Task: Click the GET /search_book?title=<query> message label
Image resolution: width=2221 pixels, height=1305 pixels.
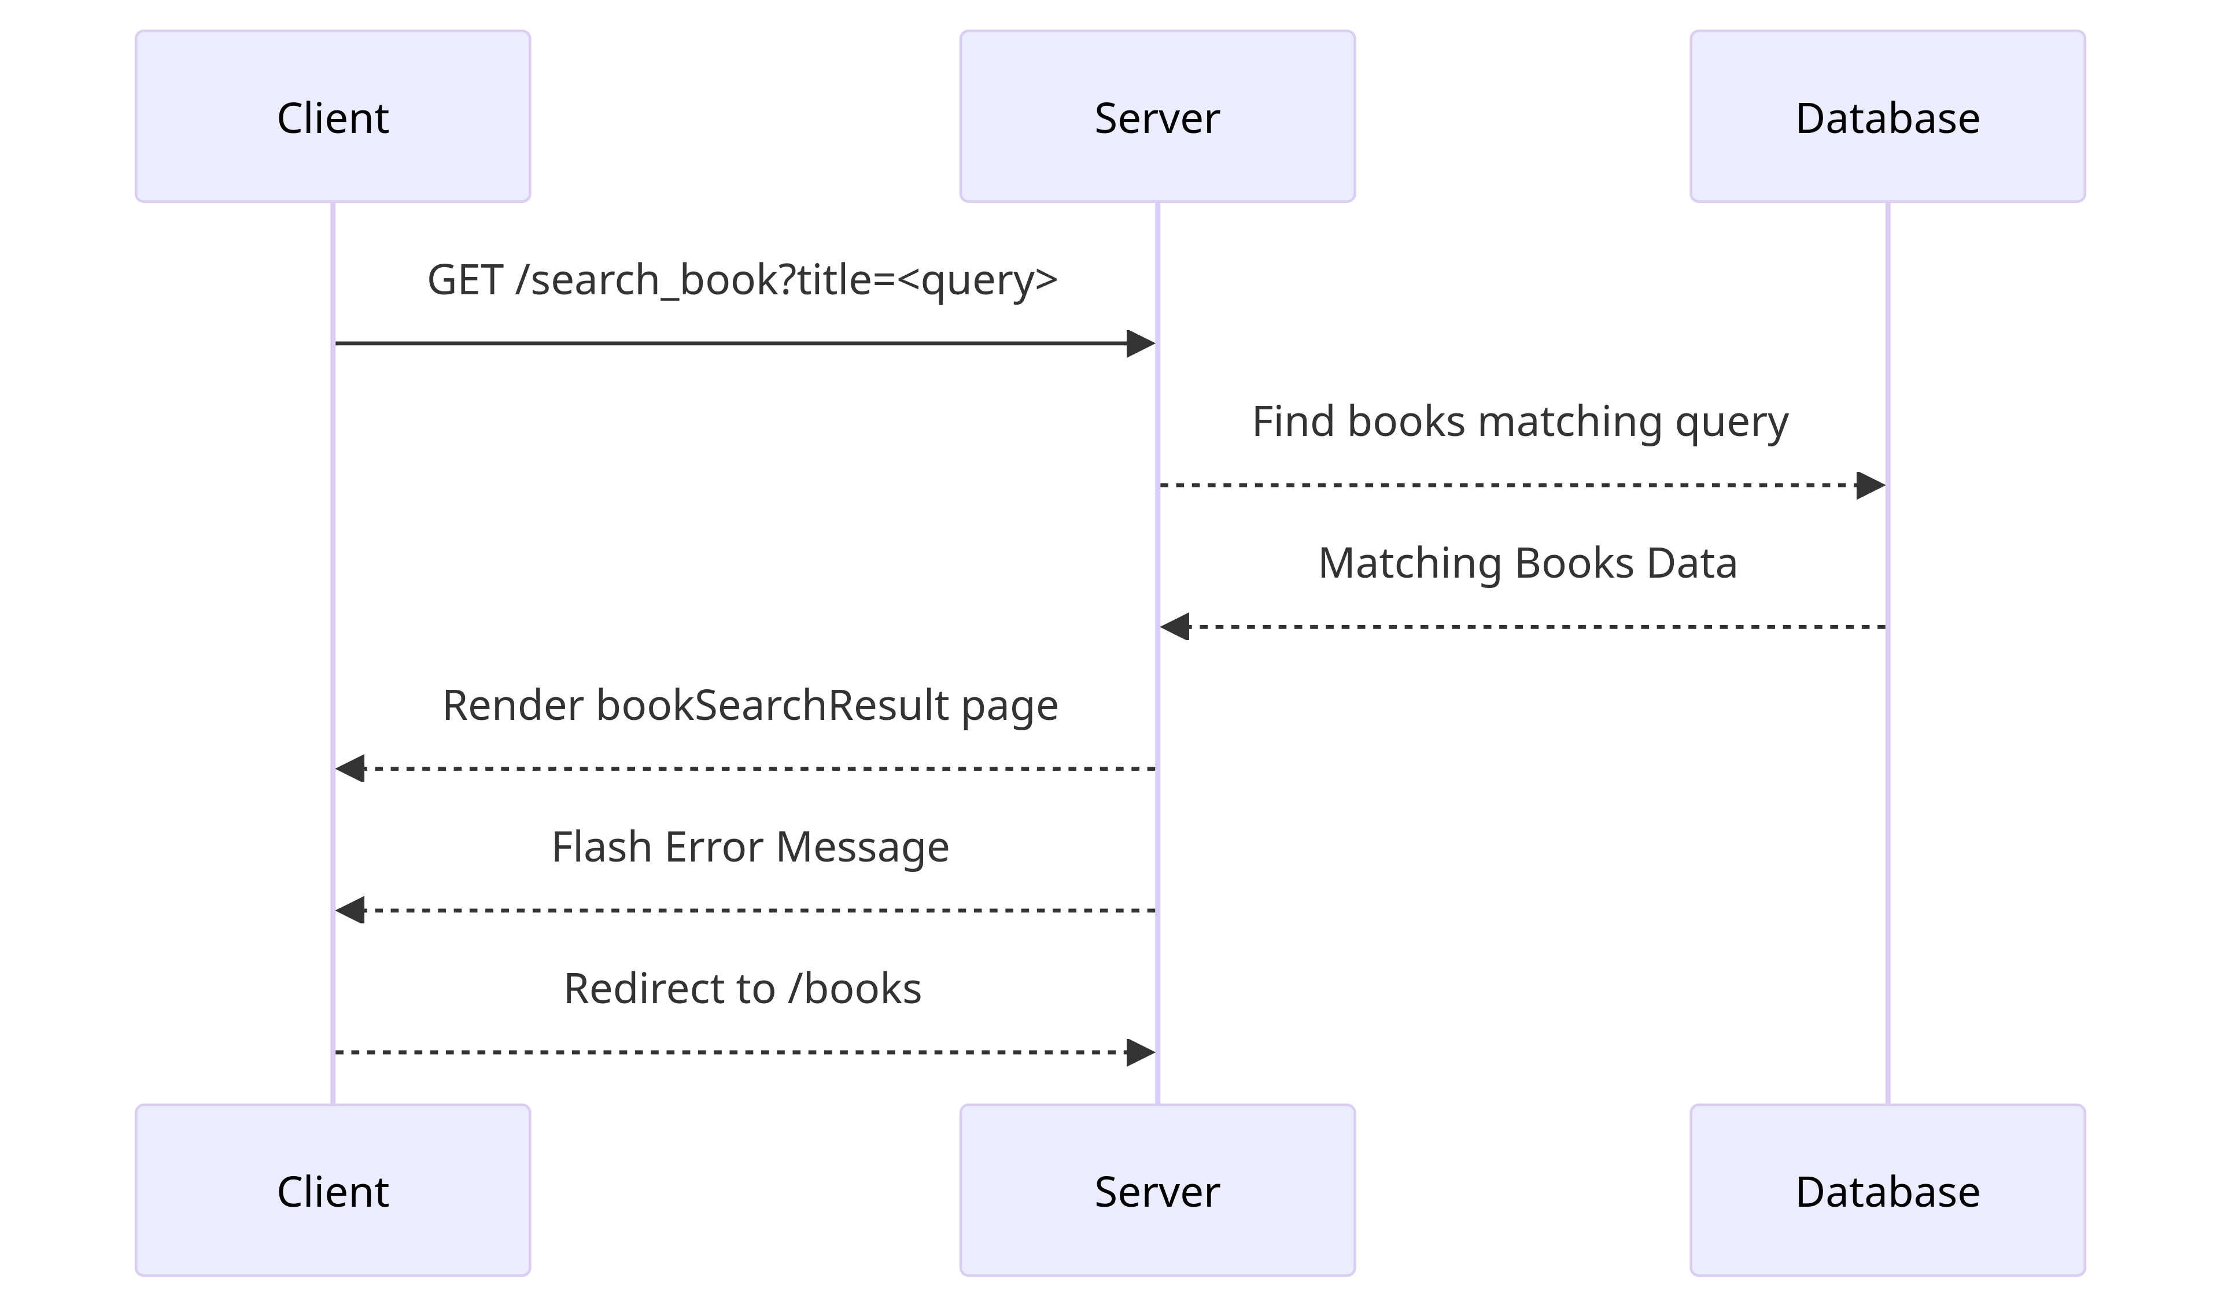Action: coord(742,280)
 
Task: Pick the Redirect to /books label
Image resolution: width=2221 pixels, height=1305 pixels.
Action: coord(742,989)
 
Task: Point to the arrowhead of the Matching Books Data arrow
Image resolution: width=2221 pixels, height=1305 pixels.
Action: coord(1175,627)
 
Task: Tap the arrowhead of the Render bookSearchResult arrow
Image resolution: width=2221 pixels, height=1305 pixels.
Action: coord(351,768)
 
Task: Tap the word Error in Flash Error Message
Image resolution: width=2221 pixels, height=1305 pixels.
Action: coord(713,848)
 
